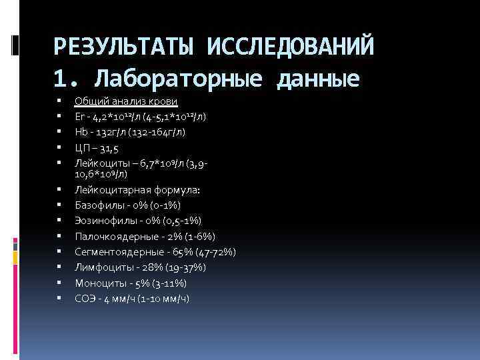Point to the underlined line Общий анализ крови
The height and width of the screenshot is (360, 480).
pos(126,101)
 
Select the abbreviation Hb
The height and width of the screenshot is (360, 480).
pos(80,132)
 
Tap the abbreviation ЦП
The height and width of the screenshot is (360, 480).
pos(81,147)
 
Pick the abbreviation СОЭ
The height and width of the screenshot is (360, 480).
pos(84,299)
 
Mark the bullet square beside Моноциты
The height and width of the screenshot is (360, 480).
pos(59,283)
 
